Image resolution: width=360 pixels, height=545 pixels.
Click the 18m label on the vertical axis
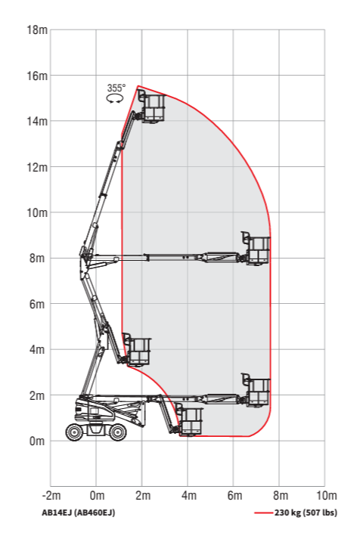point(37,30)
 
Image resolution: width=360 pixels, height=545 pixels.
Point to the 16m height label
point(37,76)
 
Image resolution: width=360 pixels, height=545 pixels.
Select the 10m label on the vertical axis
point(37,212)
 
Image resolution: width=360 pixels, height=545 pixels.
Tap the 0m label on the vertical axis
point(37,441)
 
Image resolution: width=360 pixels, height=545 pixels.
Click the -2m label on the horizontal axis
point(51,495)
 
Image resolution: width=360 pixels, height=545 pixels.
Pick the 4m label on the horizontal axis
point(188,495)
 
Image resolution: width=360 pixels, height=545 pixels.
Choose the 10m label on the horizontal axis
point(327,495)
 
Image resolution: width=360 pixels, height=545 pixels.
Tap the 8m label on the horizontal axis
point(281,495)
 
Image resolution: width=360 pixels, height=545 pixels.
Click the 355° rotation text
point(116,88)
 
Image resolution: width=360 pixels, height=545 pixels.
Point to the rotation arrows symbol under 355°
point(115,99)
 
